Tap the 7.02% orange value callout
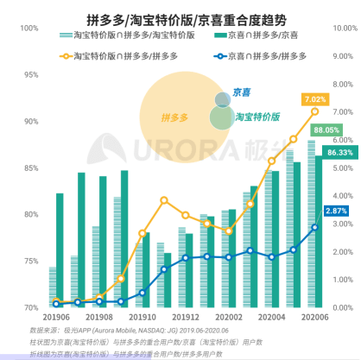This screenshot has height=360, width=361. pyautogui.click(x=314, y=99)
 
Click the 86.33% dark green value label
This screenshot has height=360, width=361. pyautogui.click(x=340, y=152)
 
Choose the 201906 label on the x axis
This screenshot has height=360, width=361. pyautogui.click(x=60, y=318)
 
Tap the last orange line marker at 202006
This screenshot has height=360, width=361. pyautogui.click(x=314, y=111)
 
